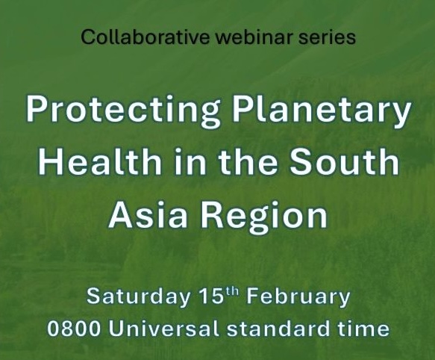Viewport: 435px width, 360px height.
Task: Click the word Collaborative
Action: [x=145, y=37]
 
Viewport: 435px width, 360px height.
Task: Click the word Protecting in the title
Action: [x=123, y=110]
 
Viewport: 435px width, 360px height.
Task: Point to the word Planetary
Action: [x=322, y=110]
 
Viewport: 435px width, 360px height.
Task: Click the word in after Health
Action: [x=190, y=161]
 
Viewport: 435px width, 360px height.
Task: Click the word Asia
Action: [x=148, y=214]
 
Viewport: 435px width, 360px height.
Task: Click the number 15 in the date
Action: [x=211, y=296]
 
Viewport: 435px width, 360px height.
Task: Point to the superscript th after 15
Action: [x=231, y=292]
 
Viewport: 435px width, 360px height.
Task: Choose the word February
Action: [x=298, y=297]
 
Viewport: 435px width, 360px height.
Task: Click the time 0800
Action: [x=74, y=328]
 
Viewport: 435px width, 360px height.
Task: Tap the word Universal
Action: [x=163, y=328]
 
